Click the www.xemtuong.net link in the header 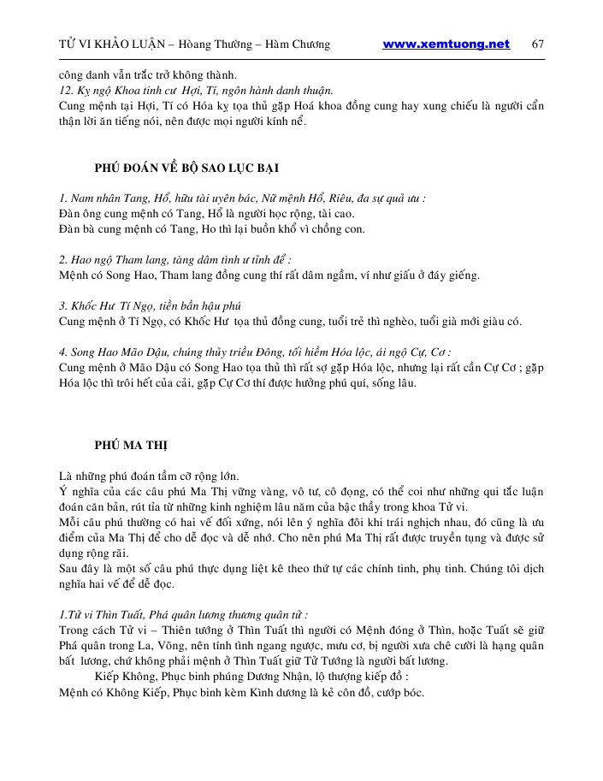point(446,44)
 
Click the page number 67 point(538,44)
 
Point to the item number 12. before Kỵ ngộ point(68,90)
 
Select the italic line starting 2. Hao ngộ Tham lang point(174,259)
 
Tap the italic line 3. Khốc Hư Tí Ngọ point(151,305)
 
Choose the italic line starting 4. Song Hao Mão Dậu point(255,352)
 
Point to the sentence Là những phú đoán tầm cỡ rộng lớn point(149,476)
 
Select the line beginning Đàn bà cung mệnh point(212,228)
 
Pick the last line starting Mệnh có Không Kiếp point(241,691)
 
